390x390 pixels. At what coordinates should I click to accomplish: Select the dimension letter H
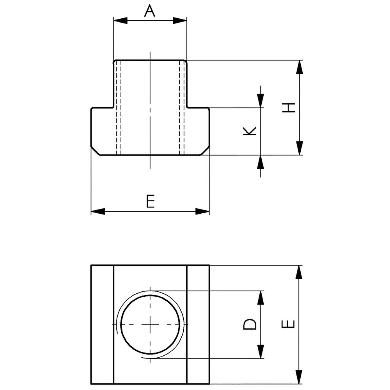[x=288, y=108]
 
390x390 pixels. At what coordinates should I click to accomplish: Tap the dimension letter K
[x=250, y=131]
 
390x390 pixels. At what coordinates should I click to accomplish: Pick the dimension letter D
[x=250, y=324]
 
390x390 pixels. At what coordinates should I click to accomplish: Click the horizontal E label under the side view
[x=150, y=202]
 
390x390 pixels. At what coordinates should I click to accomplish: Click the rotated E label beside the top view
[x=288, y=324]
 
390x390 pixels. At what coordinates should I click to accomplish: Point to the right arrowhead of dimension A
[x=182, y=21]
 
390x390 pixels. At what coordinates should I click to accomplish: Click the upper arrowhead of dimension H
[x=299, y=67]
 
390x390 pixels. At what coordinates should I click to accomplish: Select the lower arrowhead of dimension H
[x=299, y=149]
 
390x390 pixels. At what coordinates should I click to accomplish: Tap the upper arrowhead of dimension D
[x=260, y=297]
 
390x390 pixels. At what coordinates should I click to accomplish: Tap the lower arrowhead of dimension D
[x=260, y=352]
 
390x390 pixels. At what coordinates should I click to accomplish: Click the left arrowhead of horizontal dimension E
[x=97, y=211]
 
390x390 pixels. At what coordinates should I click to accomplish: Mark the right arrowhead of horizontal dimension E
[x=203, y=211]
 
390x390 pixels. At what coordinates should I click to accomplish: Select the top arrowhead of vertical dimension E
[x=299, y=272]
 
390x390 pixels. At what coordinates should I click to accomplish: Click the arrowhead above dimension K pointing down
[x=260, y=101]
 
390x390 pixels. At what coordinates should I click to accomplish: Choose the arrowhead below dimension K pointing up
[x=260, y=161]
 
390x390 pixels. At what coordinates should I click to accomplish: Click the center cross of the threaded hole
[x=150, y=324]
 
